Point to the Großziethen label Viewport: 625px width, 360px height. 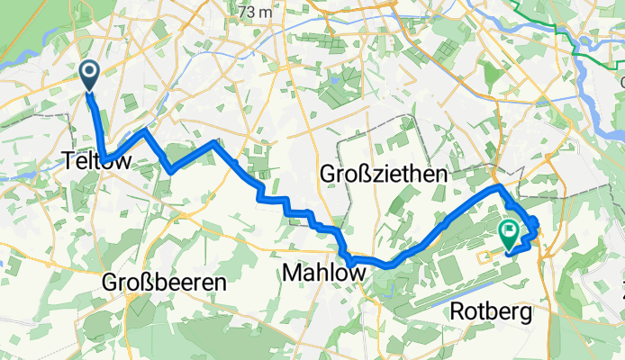(x=384, y=176)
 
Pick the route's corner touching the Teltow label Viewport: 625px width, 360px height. (x=105, y=161)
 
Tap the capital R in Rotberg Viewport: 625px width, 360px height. (x=456, y=313)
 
